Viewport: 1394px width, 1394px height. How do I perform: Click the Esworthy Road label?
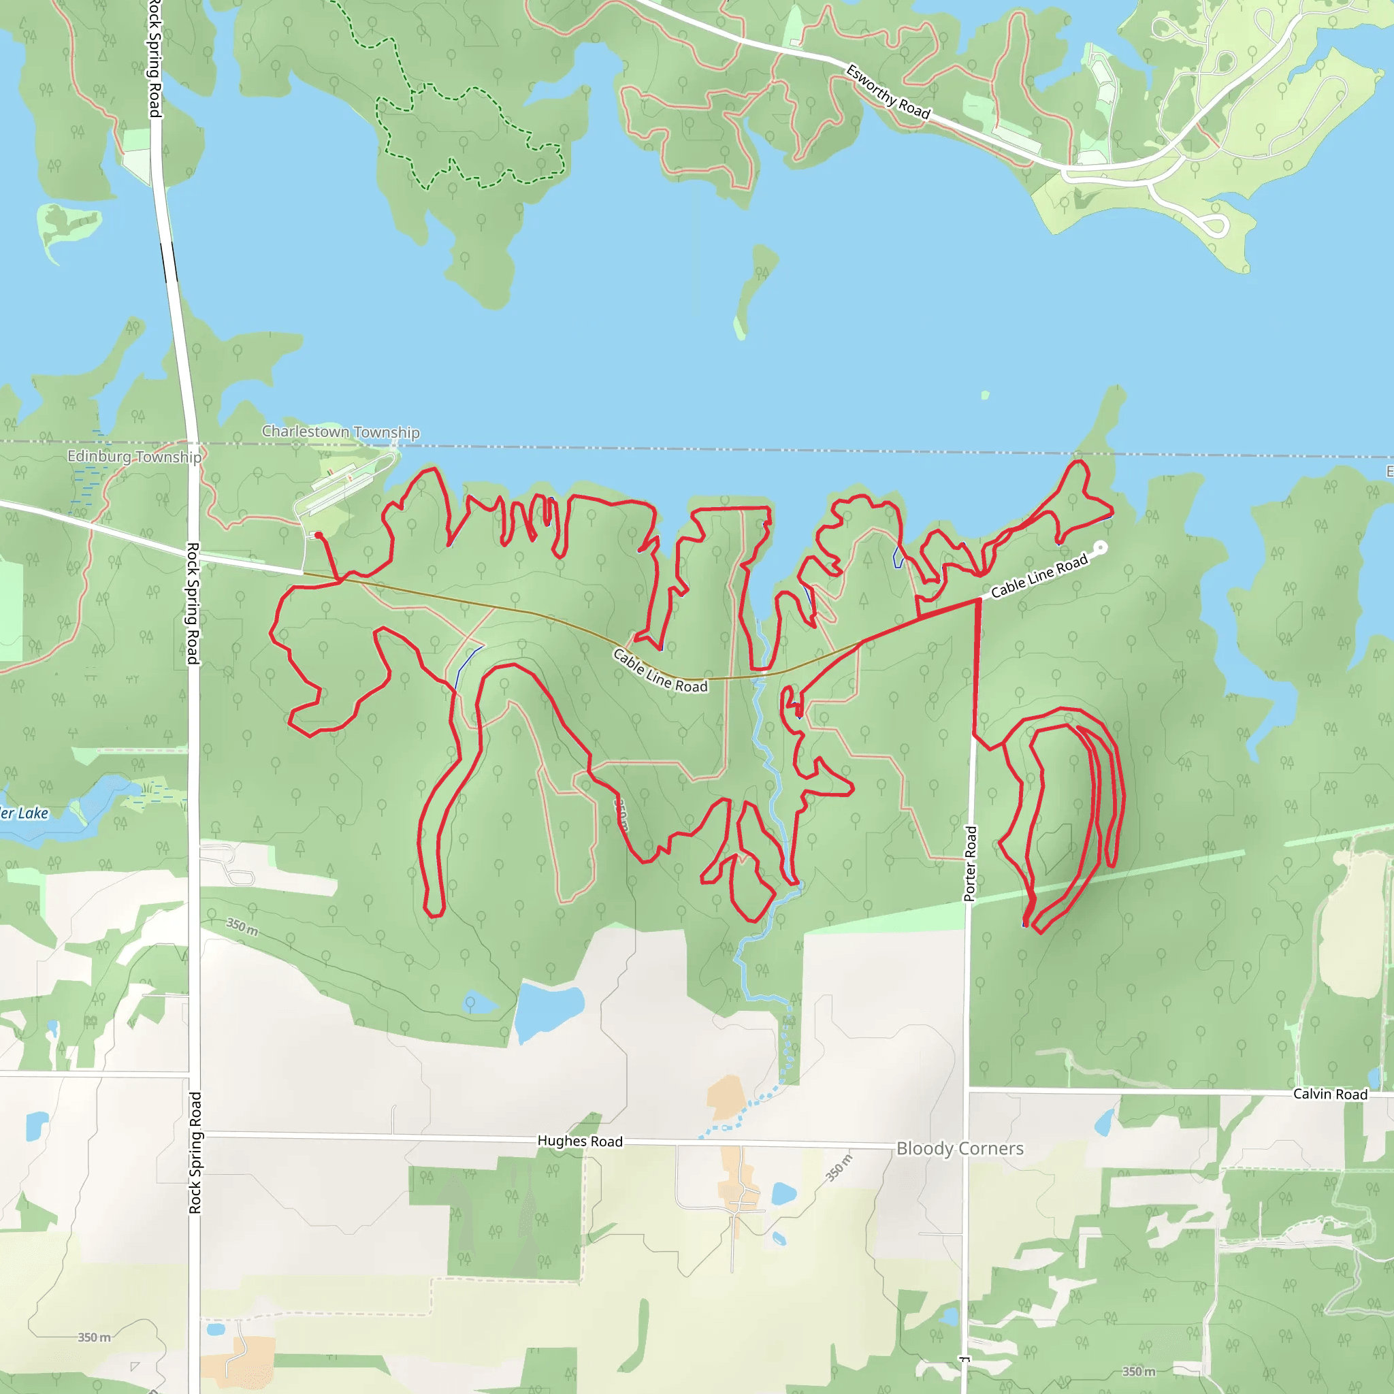[888, 92]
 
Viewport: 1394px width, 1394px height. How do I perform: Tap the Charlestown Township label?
[340, 432]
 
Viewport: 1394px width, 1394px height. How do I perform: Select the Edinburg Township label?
[134, 457]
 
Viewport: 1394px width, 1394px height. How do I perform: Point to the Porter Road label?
[971, 864]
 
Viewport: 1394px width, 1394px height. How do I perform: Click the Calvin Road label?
[1330, 1094]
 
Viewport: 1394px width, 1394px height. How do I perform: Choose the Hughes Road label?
[579, 1141]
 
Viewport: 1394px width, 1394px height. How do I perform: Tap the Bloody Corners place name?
[960, 1148]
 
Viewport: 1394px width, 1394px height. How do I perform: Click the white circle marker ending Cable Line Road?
[1101, 549]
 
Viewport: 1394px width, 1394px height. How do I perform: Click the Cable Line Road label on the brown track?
[660, 670]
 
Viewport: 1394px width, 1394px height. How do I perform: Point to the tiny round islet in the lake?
[986, 395]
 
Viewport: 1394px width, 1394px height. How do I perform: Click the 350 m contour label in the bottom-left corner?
[95, 1337]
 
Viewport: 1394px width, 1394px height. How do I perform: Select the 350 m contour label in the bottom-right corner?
[1139, 1371]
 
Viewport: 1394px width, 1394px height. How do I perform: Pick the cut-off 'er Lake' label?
[25, 813]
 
